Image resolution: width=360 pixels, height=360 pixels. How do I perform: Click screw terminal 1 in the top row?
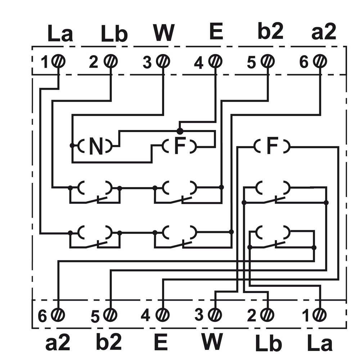58,61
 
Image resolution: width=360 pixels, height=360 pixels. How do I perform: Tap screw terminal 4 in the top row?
215,61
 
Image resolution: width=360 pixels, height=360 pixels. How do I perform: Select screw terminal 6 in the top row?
320,61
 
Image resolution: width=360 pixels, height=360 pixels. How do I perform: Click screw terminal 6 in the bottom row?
58,315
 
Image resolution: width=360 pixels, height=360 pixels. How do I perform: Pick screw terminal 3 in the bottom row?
215,315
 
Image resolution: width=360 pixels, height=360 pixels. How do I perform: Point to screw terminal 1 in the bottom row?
319,315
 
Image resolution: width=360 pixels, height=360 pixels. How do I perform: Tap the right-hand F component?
272,146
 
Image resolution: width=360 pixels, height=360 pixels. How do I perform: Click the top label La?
60,33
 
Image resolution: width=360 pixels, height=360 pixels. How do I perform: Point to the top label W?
164,32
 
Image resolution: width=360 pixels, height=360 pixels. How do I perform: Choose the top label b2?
270,31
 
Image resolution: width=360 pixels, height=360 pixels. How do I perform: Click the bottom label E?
161,342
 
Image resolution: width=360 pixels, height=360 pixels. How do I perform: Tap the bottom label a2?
57,342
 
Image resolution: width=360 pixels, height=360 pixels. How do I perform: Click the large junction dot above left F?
180,131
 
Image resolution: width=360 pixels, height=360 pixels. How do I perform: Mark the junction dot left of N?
72,145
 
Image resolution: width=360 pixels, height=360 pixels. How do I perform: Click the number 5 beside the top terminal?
251,62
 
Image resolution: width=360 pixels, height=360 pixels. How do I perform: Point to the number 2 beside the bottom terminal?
252,315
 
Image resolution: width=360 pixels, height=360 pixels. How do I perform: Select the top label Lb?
114,34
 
